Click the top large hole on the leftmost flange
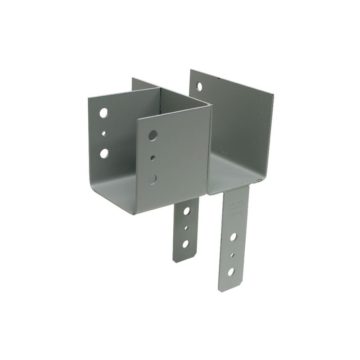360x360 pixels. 103,113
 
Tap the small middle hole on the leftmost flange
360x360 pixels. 104,133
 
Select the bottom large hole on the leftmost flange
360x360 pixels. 104,153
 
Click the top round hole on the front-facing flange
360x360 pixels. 153,135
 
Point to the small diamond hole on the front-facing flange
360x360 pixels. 153,157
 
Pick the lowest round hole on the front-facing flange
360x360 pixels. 152,178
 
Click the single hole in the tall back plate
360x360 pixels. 199,86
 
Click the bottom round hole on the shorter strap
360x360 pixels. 185,243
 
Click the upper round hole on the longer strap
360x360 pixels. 234,236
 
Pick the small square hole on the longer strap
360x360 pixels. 232,255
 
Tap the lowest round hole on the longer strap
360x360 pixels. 231,271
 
